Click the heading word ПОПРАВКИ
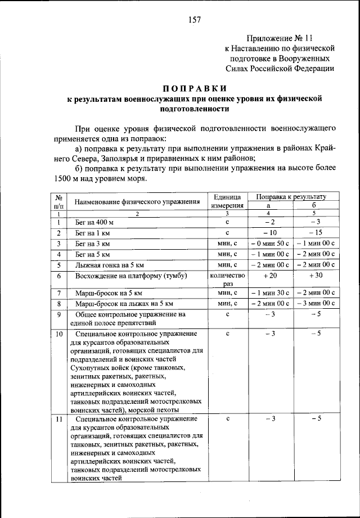194,88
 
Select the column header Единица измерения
227,201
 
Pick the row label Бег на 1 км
91,233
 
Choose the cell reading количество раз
227,280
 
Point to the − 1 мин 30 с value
269,294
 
